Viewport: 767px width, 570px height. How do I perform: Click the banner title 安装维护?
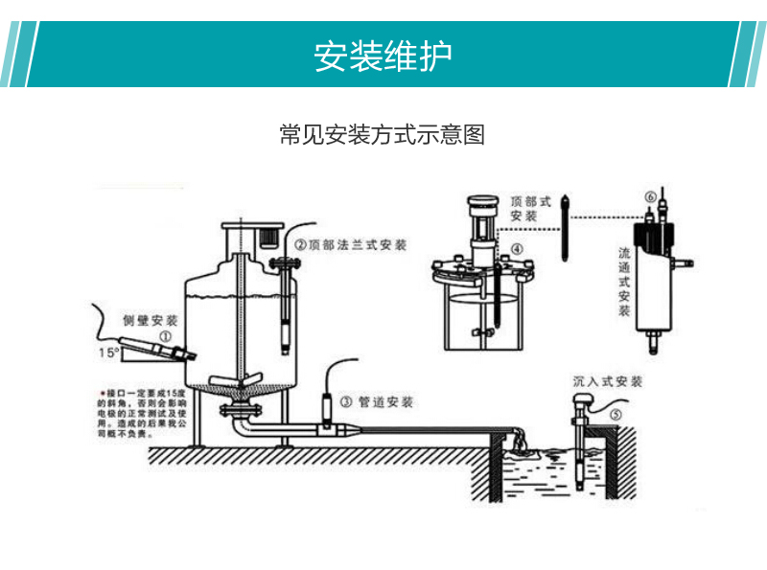point(383,57)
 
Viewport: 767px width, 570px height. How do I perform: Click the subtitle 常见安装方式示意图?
point(382,135)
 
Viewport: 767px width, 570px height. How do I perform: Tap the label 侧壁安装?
point(151,318)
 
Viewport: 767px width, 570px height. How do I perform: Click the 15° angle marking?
point(109,353)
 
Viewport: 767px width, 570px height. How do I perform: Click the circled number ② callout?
point(300,245)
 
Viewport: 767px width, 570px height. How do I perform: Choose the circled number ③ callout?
point(347,402)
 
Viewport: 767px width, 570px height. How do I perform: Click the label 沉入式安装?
point(607,381)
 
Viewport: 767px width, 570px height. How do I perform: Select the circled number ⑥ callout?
point(650,197)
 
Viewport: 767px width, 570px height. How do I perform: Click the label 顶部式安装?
point(530,210)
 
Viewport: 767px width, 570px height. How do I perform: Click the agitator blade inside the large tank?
point(238,381)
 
